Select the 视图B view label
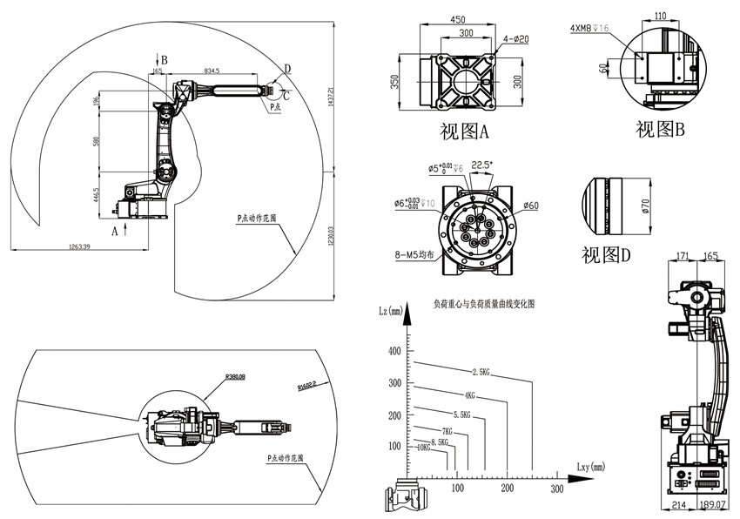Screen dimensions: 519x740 tap(660, 130)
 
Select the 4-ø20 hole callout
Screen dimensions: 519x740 tap(516, 39)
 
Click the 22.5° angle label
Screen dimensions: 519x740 tap(481, 164)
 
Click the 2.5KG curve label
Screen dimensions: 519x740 tap(481, 372)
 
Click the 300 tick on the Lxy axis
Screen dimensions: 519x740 tap(557, 489)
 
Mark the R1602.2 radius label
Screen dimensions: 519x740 tap(307, 384)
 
